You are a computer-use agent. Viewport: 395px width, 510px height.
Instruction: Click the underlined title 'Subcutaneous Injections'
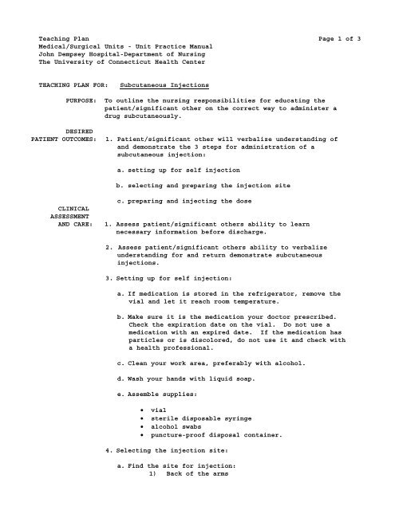coord(164,84)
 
